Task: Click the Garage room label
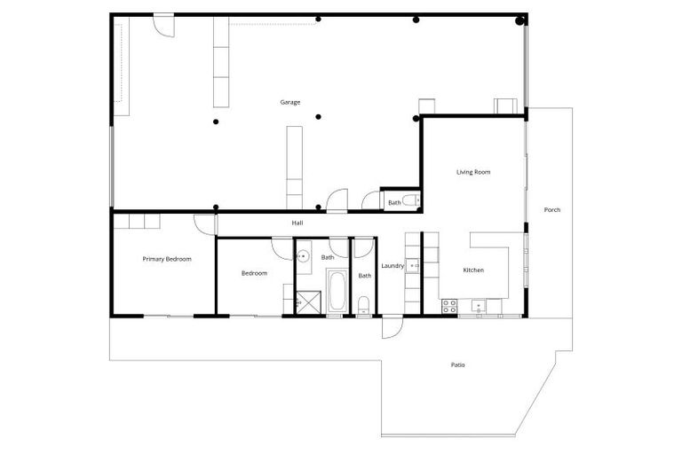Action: coord(290,102)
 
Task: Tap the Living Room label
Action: coord(473,172)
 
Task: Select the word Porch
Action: coord(551,210)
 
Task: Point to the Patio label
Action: coord(457,364)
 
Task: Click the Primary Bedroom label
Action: coord(167,259)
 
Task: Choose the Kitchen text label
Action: coord(473,270)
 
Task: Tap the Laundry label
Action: coord(393,266)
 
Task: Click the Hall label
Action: coord(297,223)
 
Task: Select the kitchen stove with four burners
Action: coord(449,306)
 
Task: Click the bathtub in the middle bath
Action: coord(337,291)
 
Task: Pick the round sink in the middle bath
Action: coord(303,257)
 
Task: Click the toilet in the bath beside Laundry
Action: coord(364,307)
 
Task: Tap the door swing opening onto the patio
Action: coord(392,327)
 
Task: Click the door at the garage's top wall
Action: coord(163,24)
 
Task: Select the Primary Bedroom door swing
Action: coord(206,224)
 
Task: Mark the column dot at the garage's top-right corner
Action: coord(520,20)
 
